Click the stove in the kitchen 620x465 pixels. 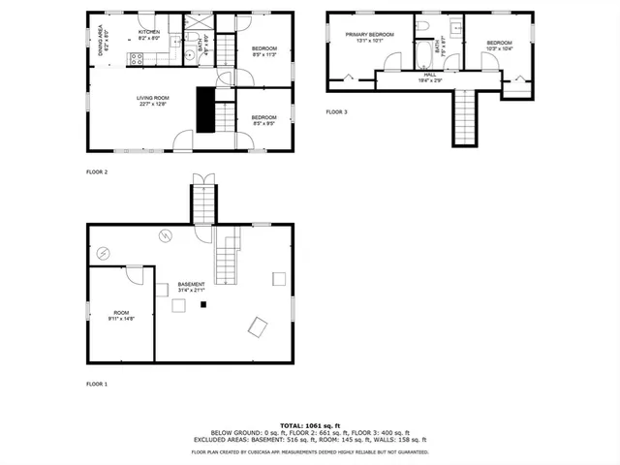138,57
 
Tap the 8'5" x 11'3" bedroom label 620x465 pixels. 264,51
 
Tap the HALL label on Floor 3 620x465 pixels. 429,77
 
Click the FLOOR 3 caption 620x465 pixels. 336,112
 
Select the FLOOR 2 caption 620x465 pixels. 97,171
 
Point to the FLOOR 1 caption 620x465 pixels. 97,385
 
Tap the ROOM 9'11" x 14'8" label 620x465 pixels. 121,316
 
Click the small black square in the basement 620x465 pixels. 203,305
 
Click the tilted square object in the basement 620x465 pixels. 257,327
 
